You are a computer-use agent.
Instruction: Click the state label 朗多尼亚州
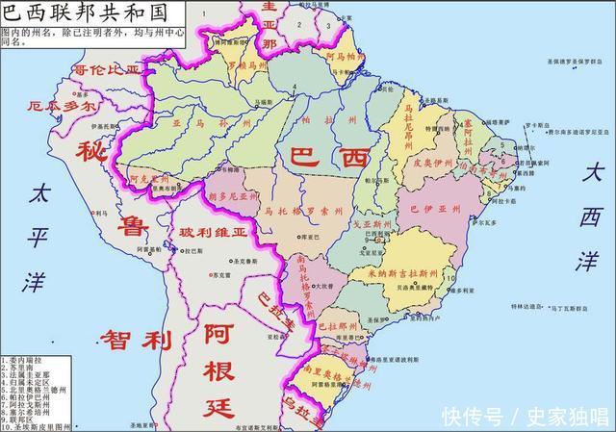[x=233, y=194]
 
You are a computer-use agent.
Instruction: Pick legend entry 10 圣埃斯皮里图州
[x=38, y=426]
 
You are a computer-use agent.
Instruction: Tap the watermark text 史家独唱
[x=567, y=415]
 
